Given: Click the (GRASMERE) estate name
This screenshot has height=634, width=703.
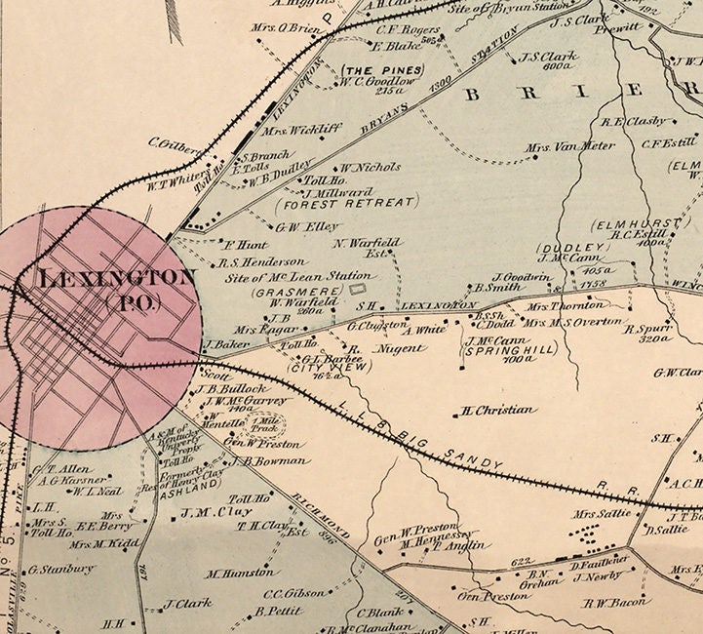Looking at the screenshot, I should tap(283, 291).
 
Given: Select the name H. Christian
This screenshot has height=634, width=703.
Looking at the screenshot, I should tap(499, 411).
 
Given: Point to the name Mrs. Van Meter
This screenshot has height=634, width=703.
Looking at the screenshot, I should tap(559, 148).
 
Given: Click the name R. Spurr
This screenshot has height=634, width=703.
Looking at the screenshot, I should tap(649, 330).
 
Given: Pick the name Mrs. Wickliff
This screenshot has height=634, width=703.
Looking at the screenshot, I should tap(291, 129).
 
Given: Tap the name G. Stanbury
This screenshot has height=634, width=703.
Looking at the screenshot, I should tap(62, 570).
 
